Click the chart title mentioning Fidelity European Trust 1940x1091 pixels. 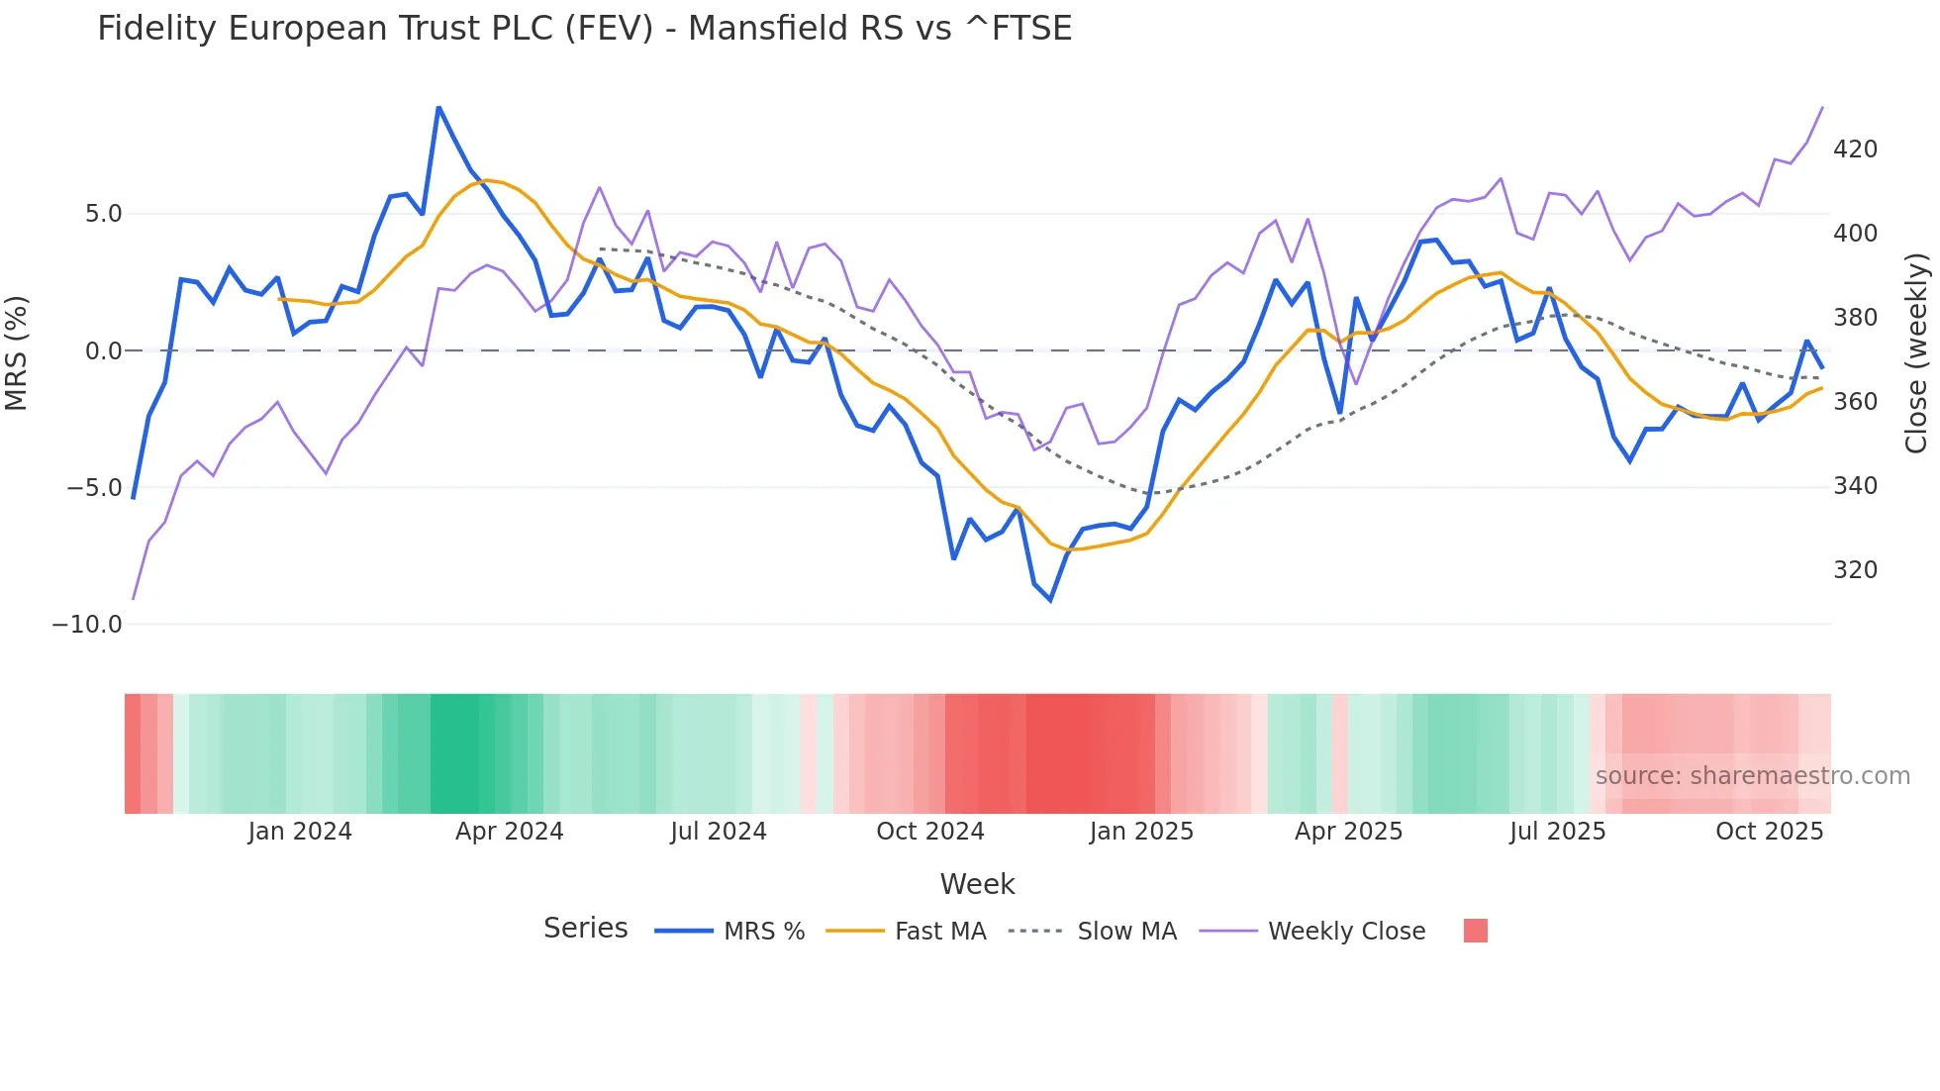(x=584, y=29)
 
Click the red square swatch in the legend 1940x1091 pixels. (x=1475, y=931)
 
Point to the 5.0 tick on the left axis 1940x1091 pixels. (x=103, y=214)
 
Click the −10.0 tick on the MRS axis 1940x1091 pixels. (x=87, y=625)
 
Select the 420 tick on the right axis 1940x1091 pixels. (x=1855, y=149)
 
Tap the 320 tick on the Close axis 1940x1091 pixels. (x=1855, y=570)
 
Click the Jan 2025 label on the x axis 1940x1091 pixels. (x=1141, y=832)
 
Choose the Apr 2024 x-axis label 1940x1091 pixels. (x=509, y=832)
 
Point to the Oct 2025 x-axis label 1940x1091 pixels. (x=1769, y=832)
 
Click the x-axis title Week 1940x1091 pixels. (x=977, y=884)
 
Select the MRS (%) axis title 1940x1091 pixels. (x=17, y=352)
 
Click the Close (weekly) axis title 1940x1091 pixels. (x=1916, y=352)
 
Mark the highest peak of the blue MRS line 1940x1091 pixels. (x=438, y=107)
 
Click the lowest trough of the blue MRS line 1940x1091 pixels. (x=1050, y=600)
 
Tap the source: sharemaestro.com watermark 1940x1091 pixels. (x=1752, y=776)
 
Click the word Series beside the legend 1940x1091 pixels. (x=585, y=929)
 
